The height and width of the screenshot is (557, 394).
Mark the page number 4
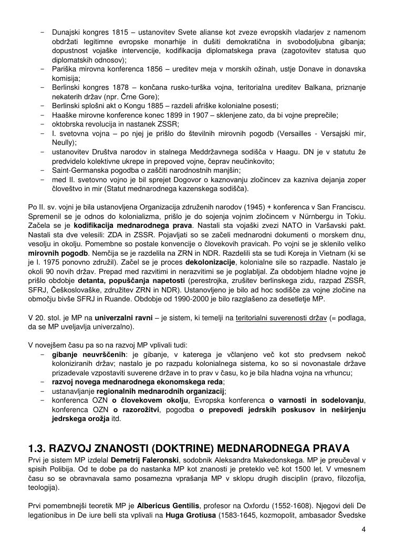[363, 529]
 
